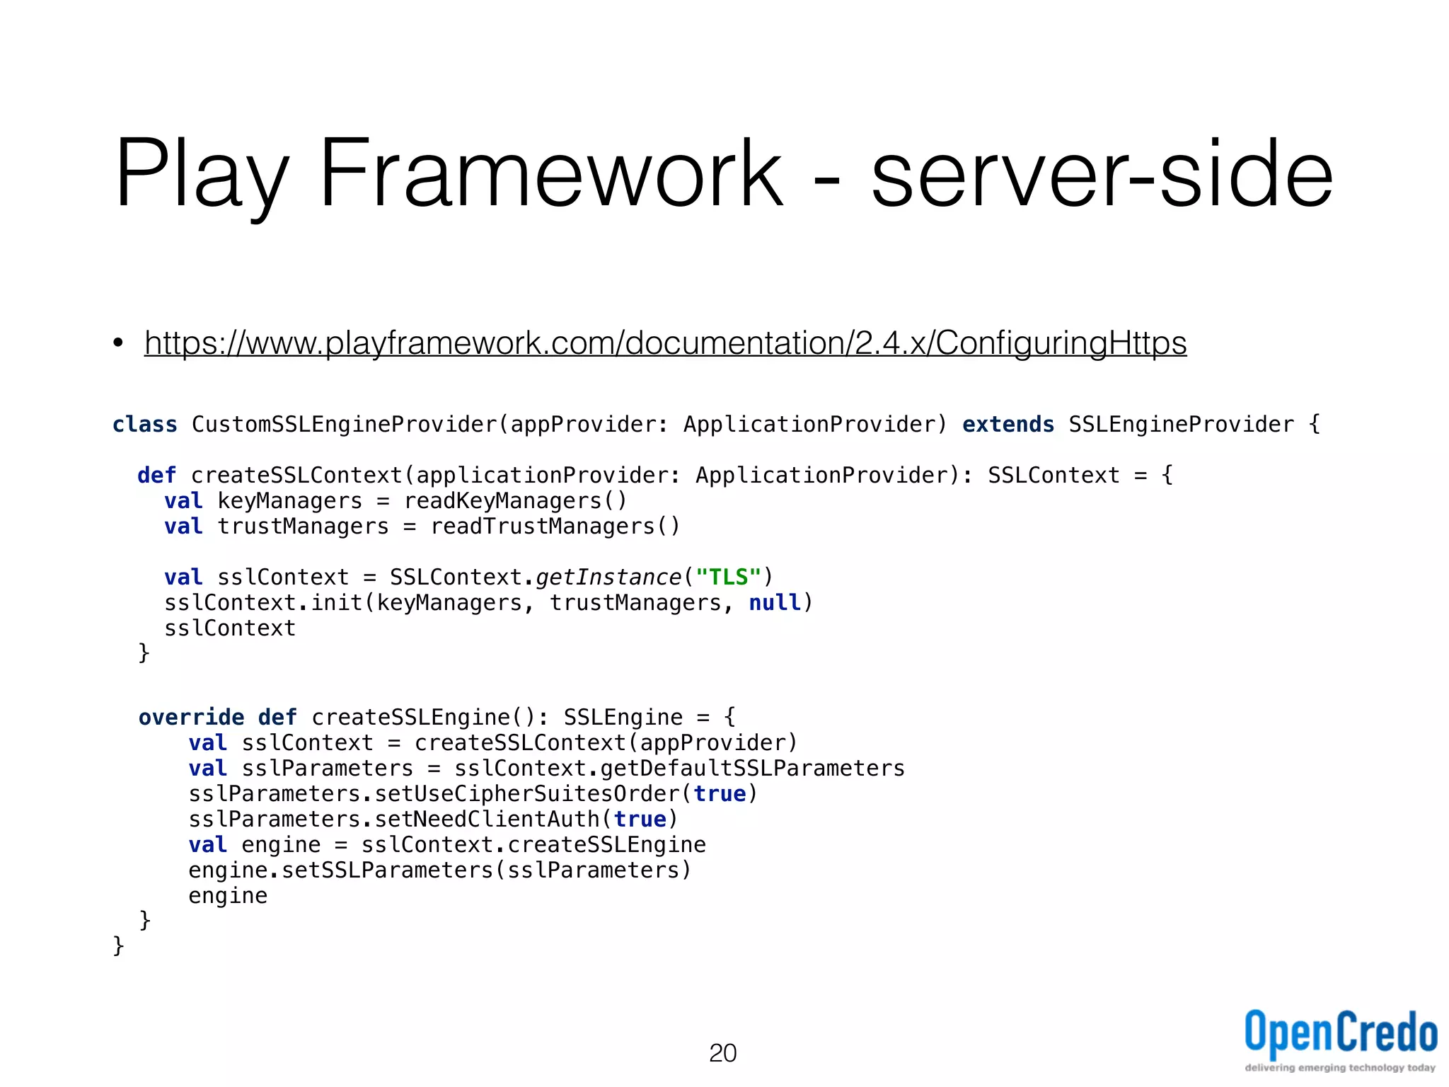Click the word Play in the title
tap(202, 175)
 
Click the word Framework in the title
tap(551, 175)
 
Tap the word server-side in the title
tap(1102, 175)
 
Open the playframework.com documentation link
tap(665, 343)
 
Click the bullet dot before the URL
tap(118, 344)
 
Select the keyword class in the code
tap(145, 425)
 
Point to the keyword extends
tap(1008, 425)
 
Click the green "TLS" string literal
tap(728, 577)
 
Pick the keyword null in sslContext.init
tap(775, 603)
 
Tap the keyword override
tap(191, 718)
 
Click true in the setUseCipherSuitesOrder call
tap(720, 794)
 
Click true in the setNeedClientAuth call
tap(640, 819)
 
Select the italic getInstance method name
tap(608, 577)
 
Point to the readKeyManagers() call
tap(515, 501)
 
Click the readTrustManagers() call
tap(555, 527)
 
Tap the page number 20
tap(722, 1053)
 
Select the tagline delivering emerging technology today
tap(1340, 1068)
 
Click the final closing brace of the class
tap(119, 945)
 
